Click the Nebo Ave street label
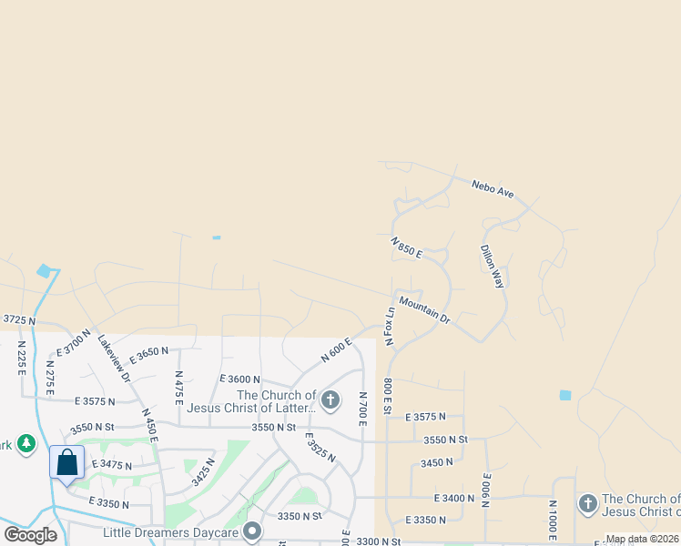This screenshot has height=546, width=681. coord(493,189)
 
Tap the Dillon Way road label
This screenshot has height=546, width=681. coord(492,266)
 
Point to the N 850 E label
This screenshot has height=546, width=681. coord(406,248)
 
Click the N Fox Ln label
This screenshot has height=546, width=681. coord(390,325)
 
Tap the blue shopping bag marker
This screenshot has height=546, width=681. coord(67,462)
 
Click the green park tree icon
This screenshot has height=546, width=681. coord(26,443)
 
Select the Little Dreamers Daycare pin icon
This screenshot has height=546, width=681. coord(253,531)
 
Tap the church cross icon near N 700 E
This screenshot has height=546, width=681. coord(330,399)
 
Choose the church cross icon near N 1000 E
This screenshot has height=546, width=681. coord(587,503)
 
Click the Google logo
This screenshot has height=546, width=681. coord(31,534)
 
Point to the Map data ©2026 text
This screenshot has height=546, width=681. coord(642,539)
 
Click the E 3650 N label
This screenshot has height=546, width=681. coord(150,352)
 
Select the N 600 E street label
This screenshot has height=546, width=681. coord(336,350)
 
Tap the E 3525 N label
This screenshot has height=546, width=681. coord(320,446)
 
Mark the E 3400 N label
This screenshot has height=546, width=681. coord(455,498)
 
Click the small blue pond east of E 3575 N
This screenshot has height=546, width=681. coord(565,395)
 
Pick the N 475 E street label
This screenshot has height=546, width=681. coord(179,389)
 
